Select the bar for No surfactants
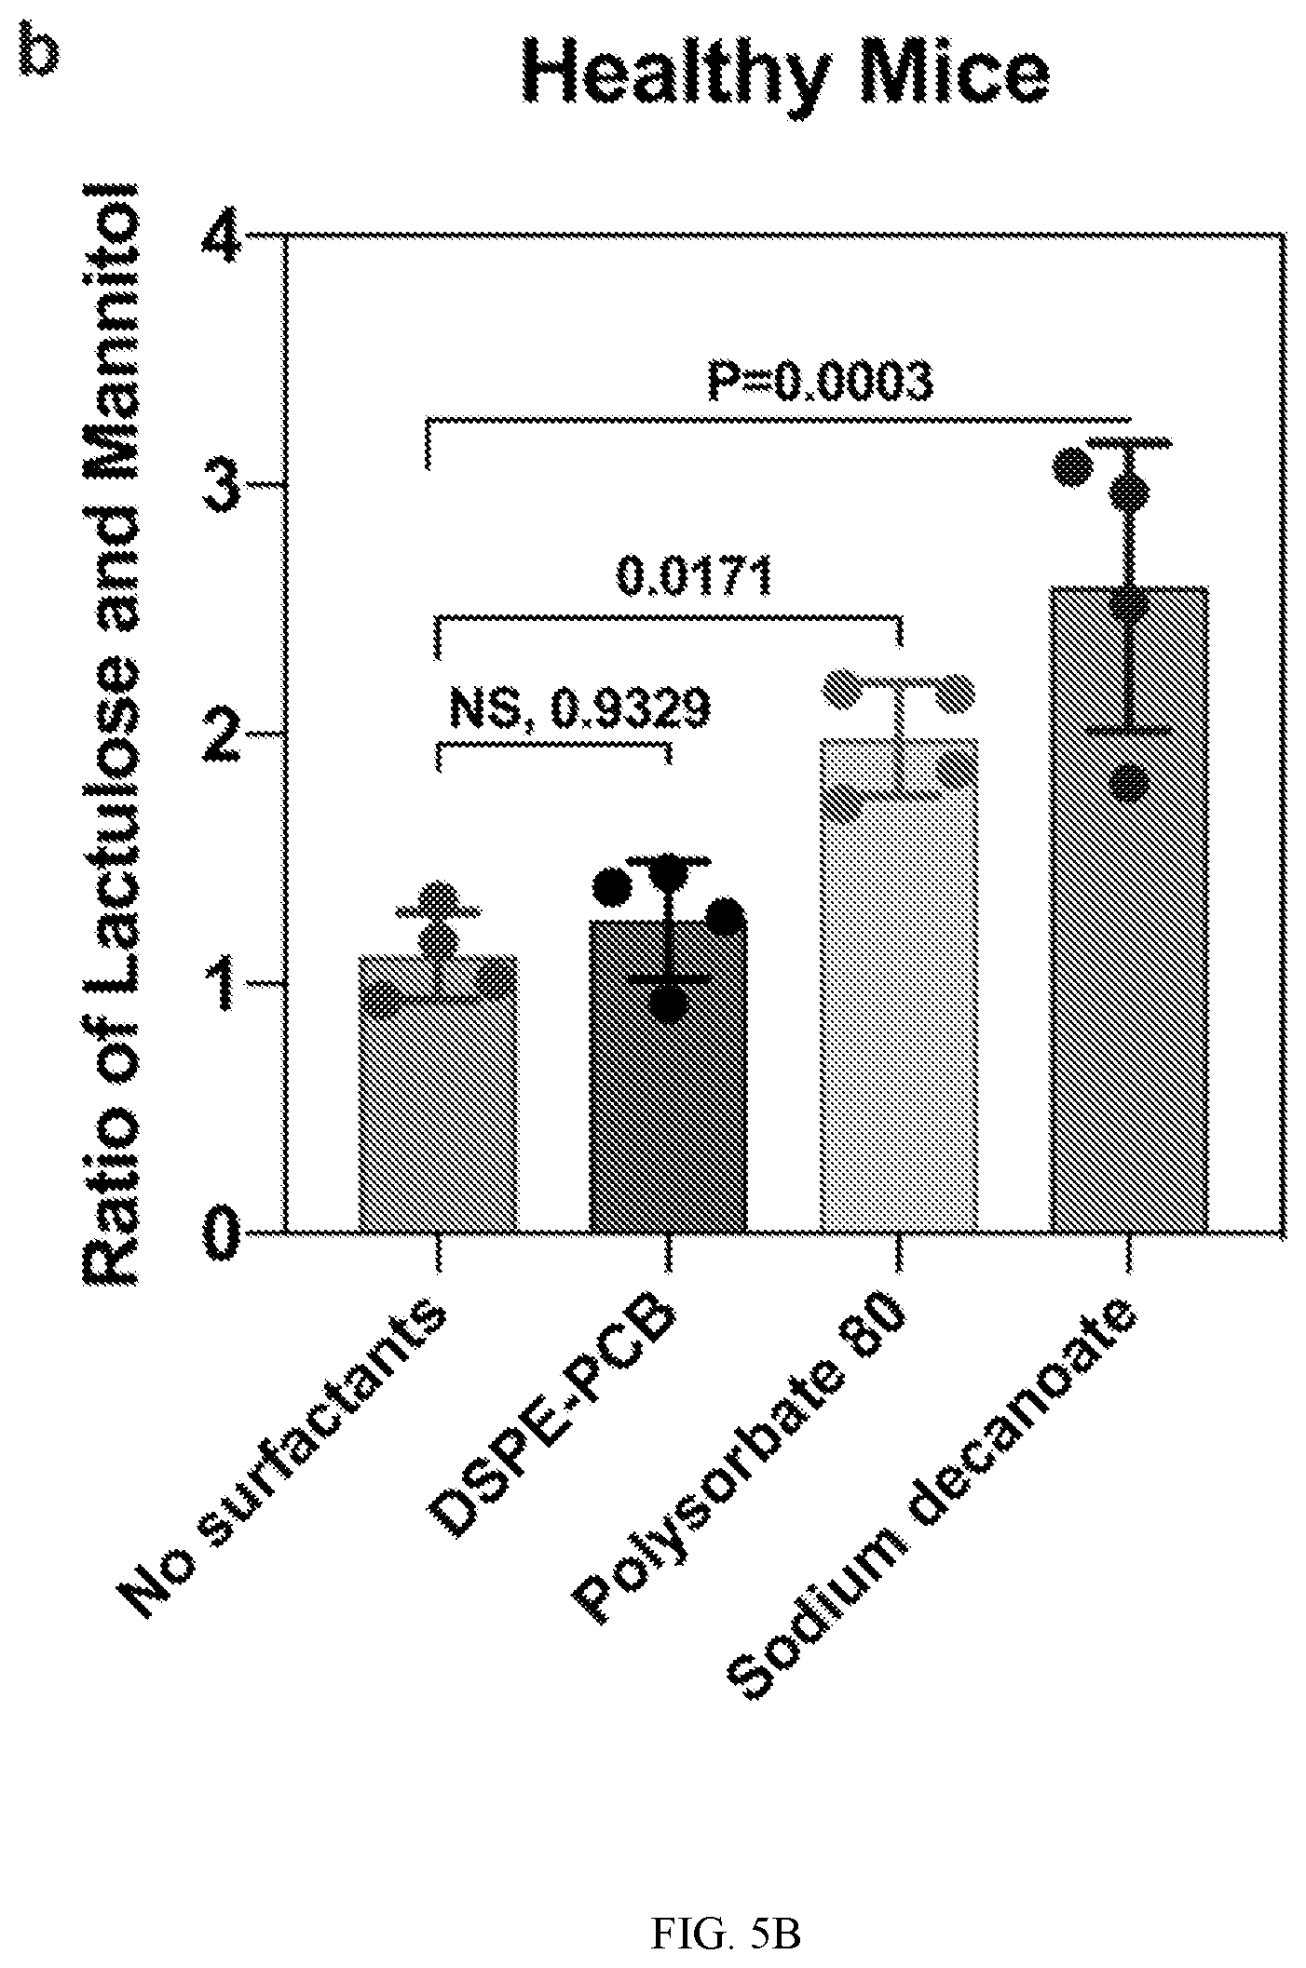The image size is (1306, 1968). [x=438, y=1094]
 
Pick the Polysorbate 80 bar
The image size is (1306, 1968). [x=898, y=986]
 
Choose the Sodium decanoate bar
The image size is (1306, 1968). [x=1129, y=910]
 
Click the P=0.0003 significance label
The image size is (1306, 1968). [x=819, y=381]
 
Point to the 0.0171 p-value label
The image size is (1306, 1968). [x=695, y=576]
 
